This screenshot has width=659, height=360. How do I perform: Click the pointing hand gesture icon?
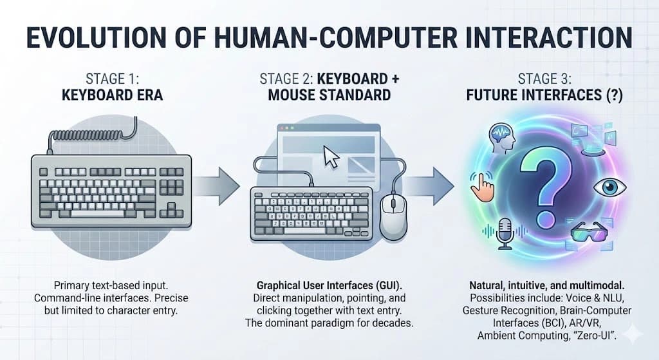(481, 185)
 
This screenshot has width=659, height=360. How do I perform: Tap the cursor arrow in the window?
(331, 156)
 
